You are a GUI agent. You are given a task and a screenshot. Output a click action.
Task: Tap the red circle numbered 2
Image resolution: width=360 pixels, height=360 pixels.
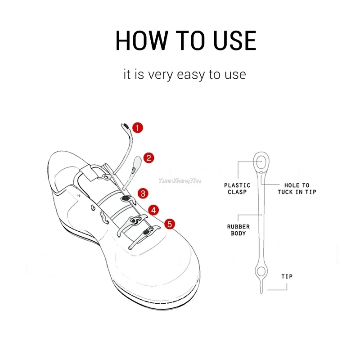click(x=149, y=158)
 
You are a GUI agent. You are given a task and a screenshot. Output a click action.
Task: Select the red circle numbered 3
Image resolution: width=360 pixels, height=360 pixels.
click(x=143, y=193)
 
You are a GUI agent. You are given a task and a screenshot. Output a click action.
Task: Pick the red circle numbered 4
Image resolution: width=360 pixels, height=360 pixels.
click(x=154, y=210)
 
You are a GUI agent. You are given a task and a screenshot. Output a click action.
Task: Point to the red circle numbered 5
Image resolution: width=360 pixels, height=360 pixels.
click(x=169, y=224)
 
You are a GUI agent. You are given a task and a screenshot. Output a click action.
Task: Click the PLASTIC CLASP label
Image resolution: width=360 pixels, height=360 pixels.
click(x=237, y=189)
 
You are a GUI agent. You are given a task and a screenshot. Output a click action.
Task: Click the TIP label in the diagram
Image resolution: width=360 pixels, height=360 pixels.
click(x=287, y=276)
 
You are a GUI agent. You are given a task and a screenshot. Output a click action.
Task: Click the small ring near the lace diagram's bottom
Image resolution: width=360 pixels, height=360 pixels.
click(x=261, y=271)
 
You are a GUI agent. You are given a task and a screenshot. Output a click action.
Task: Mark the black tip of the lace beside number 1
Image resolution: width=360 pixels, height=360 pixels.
click(x=125, y=125)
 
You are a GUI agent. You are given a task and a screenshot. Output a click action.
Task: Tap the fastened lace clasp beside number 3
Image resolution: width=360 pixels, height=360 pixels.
click(x=125, y=198)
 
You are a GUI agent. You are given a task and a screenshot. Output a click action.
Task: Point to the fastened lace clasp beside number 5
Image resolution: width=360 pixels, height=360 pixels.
click(x=147, y=233)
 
